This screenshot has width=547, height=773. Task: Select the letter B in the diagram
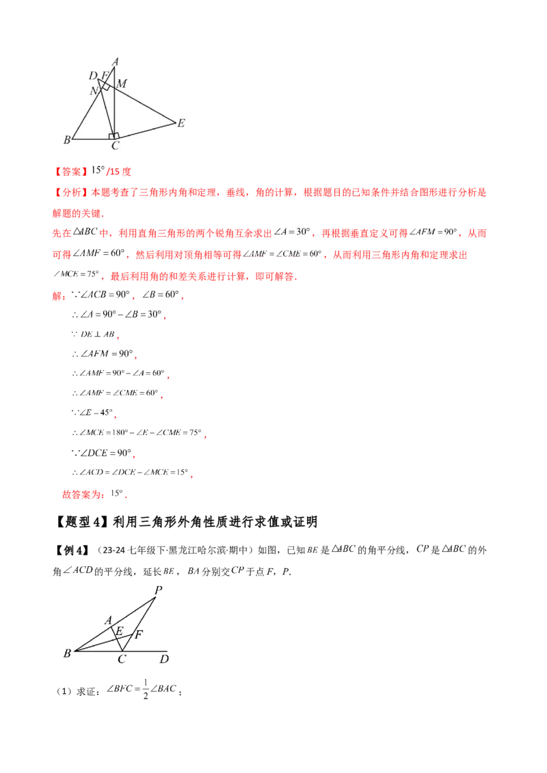[x=66, y=141]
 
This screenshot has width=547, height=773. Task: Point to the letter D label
[x=93, y=75]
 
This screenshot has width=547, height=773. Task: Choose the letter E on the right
[x=181, y=124]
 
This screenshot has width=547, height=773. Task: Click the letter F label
[x=105, y=74]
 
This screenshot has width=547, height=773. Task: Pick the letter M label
[x=122, y=83]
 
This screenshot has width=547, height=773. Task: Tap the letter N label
[x=93, y=91]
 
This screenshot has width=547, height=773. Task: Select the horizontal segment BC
[x=92, y=139]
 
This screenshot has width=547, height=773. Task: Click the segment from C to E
[x=146, y=131]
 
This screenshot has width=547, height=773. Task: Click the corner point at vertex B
[x=72, y=139]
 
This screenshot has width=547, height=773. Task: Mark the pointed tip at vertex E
[x=175, y=123]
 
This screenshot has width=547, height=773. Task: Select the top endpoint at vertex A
[x=116, y=67]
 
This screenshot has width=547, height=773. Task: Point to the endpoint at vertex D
[x=98, y=79]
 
